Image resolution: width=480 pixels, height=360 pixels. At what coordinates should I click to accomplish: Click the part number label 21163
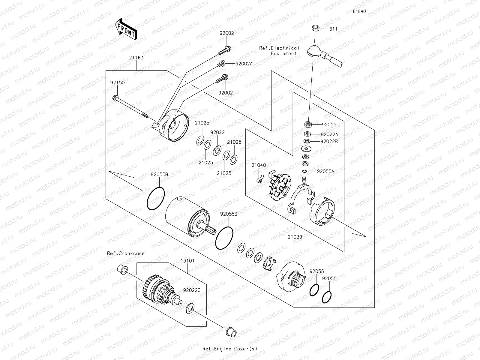(x=136, y=58)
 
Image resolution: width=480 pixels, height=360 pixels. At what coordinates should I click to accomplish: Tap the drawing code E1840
(x=359, y=11)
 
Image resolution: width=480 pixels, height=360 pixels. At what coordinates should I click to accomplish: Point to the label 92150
(x=117, y=82)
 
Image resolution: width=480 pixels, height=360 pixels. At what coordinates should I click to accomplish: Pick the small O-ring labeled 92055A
(x=304, y=171)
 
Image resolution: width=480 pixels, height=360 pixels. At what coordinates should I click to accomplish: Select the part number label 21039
(x=295, y=237)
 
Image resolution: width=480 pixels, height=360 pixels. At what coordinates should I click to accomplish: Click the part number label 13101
(x=187, y=261)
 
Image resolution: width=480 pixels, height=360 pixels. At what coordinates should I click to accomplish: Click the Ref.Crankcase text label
(x=126, y=253)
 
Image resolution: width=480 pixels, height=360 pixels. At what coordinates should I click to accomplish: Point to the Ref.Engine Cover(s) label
(x=230, y=349)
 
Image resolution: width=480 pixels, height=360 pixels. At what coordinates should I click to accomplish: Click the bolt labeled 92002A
(x=221, y=64)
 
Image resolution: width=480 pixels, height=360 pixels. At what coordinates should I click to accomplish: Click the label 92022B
(x=329, y=141)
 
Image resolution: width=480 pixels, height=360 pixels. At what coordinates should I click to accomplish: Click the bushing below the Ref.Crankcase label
(x=122, y=268)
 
